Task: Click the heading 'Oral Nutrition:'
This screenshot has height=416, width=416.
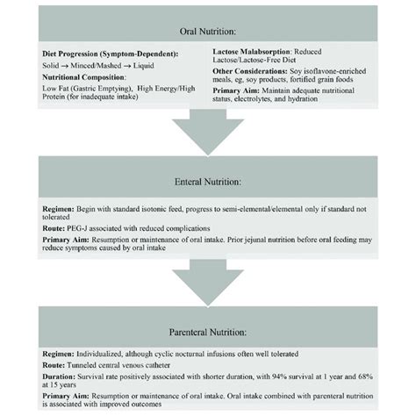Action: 208,28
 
